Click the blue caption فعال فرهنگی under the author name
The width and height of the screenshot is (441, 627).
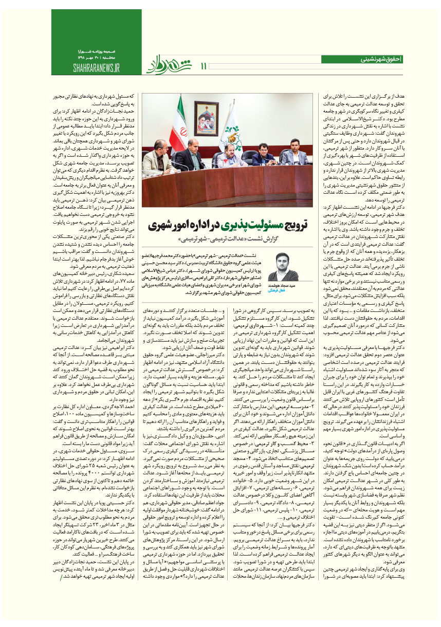285,291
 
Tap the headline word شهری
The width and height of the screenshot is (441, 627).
160,227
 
